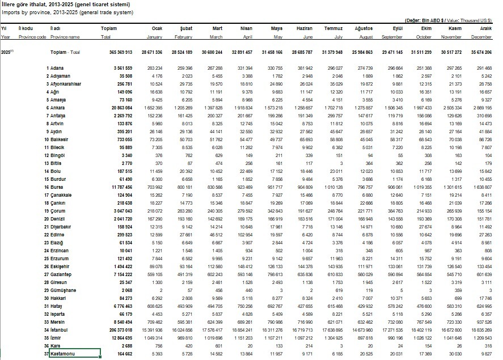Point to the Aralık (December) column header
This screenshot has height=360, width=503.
485,28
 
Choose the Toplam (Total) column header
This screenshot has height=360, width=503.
108,28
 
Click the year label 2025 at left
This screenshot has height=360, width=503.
7,52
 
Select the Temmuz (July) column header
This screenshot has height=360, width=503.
333,28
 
